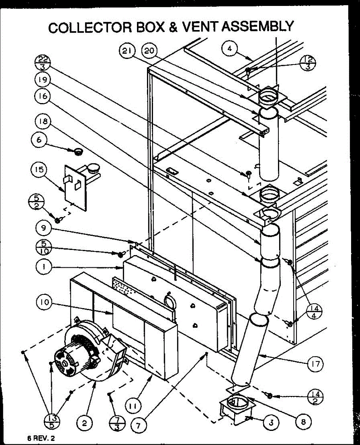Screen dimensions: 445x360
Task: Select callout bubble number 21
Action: pos(127,52)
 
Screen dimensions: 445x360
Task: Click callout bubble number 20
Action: pos(149,52)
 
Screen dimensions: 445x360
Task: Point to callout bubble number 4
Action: pos(230,49)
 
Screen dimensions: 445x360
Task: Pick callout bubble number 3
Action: pos(271,423)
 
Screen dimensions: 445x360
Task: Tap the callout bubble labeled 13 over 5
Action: pos(52,421)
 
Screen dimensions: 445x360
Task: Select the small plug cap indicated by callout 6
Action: pos(78,151)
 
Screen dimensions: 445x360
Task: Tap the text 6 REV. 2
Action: pos(41,438)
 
